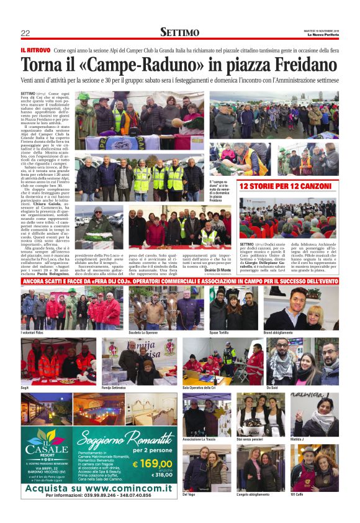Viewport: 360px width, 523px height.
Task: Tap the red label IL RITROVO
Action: (35, 50)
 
